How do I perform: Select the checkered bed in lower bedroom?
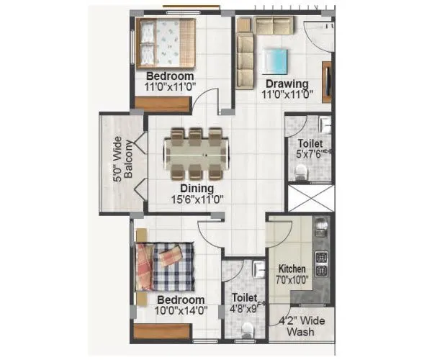point(165,266)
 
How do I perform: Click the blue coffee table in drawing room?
point(274,58)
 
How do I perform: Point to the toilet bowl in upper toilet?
point(301,172)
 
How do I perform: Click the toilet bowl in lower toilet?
point(247,329)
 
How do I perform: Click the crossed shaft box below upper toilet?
point(310,198)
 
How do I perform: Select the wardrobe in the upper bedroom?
point(163,103)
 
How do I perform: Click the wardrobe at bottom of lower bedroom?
point(162,332)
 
